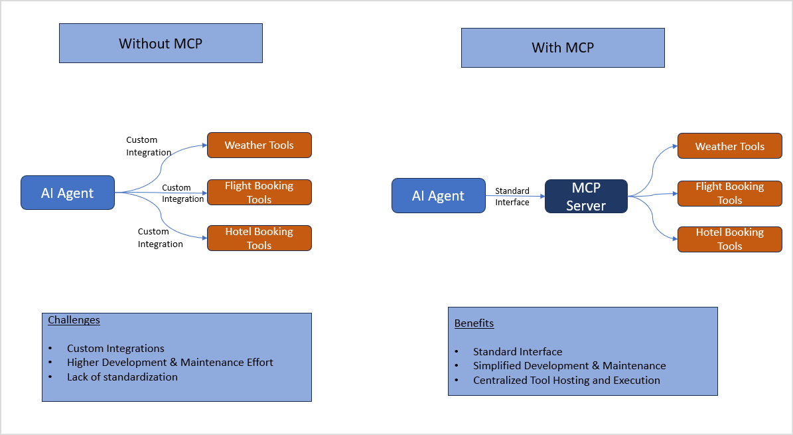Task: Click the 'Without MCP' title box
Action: click(161, 44)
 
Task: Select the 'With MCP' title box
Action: click(563, 48)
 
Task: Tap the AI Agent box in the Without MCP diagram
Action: click(68, 193)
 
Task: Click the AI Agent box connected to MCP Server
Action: click(438, 196)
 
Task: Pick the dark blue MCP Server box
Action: click(586, 197)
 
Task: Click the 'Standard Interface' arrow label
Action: click(512, 197)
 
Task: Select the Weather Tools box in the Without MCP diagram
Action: click(259, 145)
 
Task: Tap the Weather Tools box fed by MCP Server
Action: click(729, 146)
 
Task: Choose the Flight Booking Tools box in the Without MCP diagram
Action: click(259, 193)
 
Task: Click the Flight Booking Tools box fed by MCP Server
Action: click(729, 193)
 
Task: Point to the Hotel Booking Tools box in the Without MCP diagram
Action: click(259, 238)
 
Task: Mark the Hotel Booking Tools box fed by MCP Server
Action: click(729, 239)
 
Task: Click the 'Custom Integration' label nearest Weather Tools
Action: click(149, 146)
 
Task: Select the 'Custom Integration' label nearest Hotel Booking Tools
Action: click(160, 238)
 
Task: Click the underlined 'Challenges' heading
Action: click(74, 320)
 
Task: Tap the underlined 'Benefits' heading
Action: click(474, 323)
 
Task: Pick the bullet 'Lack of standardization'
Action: click(122, 377)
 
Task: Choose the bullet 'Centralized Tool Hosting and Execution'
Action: click(566, 381)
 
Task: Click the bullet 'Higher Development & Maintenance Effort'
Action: click(170, 363)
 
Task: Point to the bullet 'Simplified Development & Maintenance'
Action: click(569, 366)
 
